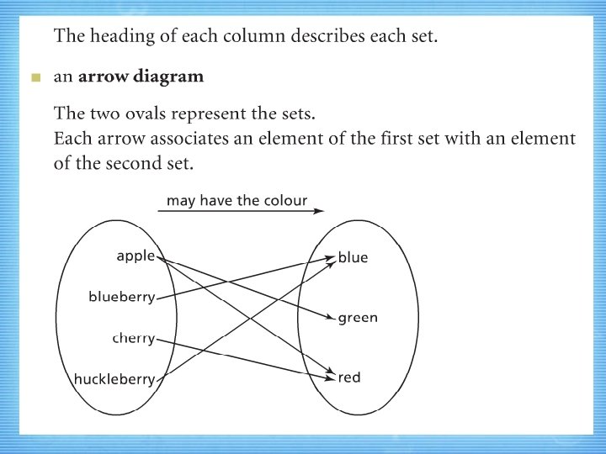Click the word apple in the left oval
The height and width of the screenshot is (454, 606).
click(136, 256)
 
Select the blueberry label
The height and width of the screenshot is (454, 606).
click(121, 296)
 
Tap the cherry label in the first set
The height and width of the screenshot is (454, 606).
click(134, 338)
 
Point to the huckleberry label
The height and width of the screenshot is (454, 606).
click(114, 379)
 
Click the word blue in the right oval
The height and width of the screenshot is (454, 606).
click(353, 257)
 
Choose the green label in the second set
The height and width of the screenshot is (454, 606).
click(358, 318)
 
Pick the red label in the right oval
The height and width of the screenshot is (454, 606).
click(349, 377)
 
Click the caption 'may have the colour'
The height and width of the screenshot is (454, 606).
click(237, 201)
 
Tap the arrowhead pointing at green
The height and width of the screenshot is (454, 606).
click(332, 318)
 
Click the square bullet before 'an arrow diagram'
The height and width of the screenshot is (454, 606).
click(35, 78)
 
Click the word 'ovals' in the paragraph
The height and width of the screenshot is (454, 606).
click(147, 113)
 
